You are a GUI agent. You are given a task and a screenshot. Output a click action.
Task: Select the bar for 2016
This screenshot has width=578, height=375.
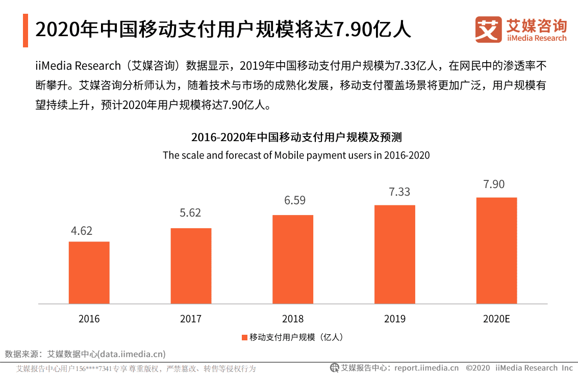click(x=89, y=273)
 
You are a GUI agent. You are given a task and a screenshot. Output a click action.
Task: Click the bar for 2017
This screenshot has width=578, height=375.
click(x=191, y=266)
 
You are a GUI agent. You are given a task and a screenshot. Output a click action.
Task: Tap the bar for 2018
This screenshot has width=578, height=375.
click(x=293, y=259)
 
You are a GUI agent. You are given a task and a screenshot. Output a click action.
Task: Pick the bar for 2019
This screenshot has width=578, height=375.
click(x=395, y=254)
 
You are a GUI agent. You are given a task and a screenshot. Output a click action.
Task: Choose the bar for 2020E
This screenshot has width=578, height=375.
click(x=496, y=251)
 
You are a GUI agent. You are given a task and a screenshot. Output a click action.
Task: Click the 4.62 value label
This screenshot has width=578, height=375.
click(x=82, y=231)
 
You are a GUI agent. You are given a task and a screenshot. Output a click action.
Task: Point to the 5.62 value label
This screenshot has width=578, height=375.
click(x=190, y=213)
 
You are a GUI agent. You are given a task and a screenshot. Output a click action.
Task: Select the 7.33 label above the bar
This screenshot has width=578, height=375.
click(x=399, y=192)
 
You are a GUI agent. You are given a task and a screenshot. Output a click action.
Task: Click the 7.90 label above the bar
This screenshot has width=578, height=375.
click(x=494, y=184)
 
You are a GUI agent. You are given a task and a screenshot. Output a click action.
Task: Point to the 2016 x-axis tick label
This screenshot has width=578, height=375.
click(x=89, y=319)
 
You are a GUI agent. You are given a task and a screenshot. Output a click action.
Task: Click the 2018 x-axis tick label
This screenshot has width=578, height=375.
click(x=293, y=319)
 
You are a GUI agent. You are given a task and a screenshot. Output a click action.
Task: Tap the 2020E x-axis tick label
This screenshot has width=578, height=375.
click(x=496, y=319)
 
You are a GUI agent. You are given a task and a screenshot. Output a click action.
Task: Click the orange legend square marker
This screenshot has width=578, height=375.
click(x=244, y=337)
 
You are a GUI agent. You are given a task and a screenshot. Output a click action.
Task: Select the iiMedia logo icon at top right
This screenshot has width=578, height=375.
click(x=488, y=30)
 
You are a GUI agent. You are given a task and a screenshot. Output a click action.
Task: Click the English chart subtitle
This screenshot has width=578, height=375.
click(x=296, y=155)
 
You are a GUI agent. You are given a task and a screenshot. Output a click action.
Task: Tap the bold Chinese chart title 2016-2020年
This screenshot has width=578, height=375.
click(x=296, y=138)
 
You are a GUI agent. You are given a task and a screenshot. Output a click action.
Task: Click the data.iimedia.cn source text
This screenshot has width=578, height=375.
click(x=132, y=354)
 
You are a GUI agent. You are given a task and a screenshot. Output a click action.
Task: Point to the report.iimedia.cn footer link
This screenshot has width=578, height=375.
click(x=426, y=368)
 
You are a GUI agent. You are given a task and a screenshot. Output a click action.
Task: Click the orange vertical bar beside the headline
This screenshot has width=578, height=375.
click(x=26, y=31)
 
